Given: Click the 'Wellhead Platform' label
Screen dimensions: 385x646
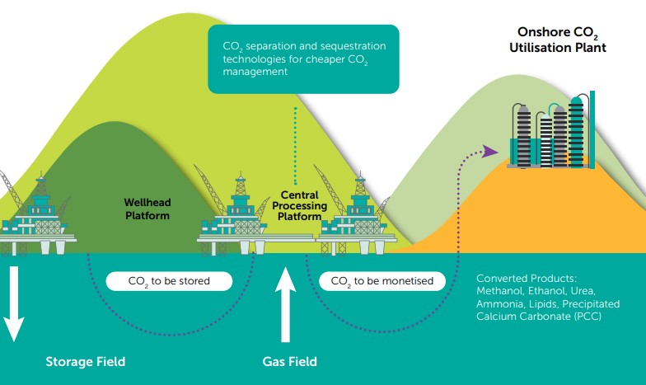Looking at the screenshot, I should point(147,209).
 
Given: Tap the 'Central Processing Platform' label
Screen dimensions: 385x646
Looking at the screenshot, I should point(298,206).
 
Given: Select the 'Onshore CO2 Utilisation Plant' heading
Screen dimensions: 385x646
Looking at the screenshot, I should point(556,41).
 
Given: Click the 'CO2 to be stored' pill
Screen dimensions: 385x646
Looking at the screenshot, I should point(169,281).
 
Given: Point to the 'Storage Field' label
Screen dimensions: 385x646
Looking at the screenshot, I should point(86,361).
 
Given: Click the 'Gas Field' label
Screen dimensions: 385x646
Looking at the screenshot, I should point(289,361).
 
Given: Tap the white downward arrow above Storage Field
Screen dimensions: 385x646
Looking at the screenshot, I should point(13,305).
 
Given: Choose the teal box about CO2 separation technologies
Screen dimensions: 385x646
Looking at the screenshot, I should point(303,59).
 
